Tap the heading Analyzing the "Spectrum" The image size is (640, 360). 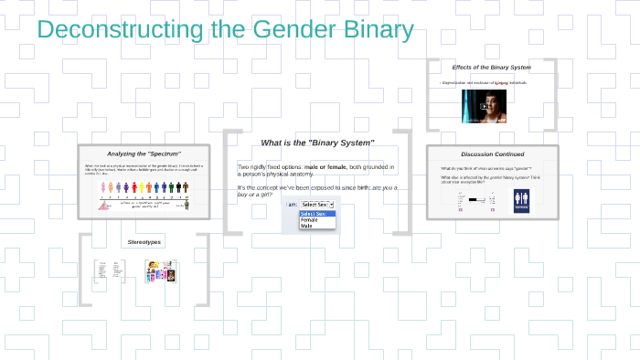click(144, 154)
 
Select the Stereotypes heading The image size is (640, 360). click(144, 242)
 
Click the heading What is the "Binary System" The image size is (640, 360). click(317, 143)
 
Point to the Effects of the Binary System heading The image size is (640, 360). click(491, 68)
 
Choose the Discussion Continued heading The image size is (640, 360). click(492, 154)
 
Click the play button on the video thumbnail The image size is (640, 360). click(484, 105)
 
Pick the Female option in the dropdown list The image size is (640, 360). click(309, 219)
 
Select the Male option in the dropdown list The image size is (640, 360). click(306, 226)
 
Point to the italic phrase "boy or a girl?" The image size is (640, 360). click(254, 194)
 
